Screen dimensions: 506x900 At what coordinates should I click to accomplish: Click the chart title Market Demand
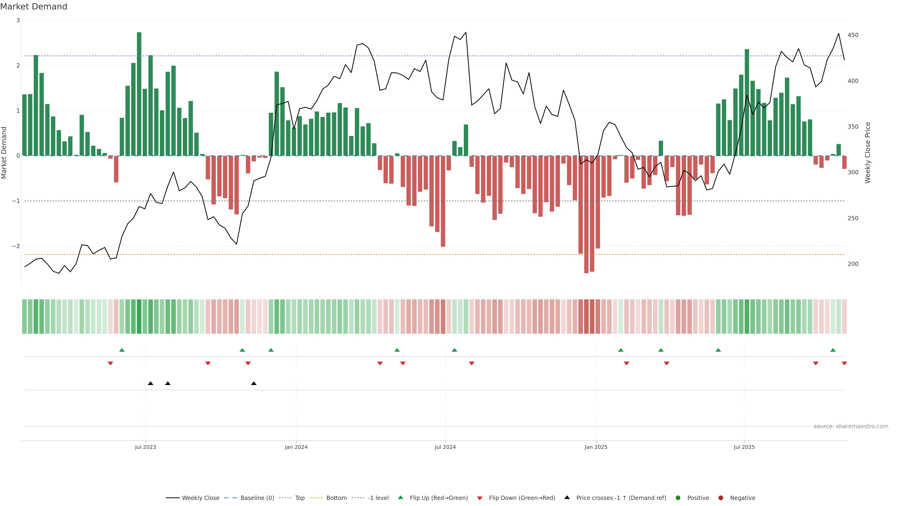[34, 7]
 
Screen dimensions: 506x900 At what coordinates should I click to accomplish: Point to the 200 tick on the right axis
[853, 264]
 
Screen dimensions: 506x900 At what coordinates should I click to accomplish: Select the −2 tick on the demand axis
[16, 246]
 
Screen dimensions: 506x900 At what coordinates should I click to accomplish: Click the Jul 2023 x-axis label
[145, 447]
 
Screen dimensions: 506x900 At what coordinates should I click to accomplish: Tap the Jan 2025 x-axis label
[596, 447]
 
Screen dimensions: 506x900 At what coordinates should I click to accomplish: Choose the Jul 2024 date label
[445, 447]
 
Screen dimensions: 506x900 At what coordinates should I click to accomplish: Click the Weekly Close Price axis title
[868, 153]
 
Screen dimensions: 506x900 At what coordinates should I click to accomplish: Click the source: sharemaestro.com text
[851, 426]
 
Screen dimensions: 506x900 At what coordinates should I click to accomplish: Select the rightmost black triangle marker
[254, 383]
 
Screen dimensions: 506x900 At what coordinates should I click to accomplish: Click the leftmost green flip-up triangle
[122, 350]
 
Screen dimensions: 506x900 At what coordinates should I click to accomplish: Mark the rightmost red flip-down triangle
[844, 364]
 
